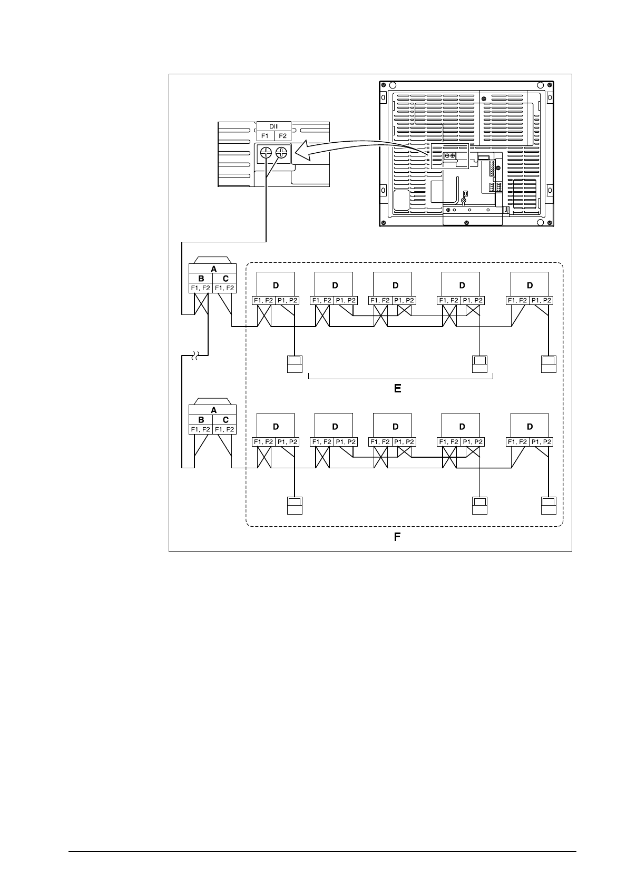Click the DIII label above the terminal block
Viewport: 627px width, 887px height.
(x=274, y=126)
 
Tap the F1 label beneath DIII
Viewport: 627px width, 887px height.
(x=265, y=136)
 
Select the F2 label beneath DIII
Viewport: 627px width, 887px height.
(x=283, y=136)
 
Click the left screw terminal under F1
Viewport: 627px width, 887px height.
(x=267, y=153)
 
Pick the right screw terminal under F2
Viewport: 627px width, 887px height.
(x=282, y=153)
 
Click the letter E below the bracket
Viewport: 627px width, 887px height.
(x=398, y=389)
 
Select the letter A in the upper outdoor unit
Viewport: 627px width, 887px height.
(x=213, y=269)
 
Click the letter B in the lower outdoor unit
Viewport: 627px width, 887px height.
(x=201, y=420)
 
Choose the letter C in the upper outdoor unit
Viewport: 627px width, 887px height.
(x=226, y=279)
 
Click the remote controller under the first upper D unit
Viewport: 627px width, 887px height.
(x=295, y=364)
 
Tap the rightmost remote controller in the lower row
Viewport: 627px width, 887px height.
(x=549, y=505)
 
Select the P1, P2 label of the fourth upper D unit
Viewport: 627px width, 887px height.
(x=471, y=300)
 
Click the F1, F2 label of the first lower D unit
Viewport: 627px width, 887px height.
(x=263, y=442)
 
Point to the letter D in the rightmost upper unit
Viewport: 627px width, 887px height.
(x=530, y=285)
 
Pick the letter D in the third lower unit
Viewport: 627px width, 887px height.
(x=395, y=427)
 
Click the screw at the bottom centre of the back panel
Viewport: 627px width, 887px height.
(x=467, y=222)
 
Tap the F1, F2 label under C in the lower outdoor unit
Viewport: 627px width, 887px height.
(x=225, y=430)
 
